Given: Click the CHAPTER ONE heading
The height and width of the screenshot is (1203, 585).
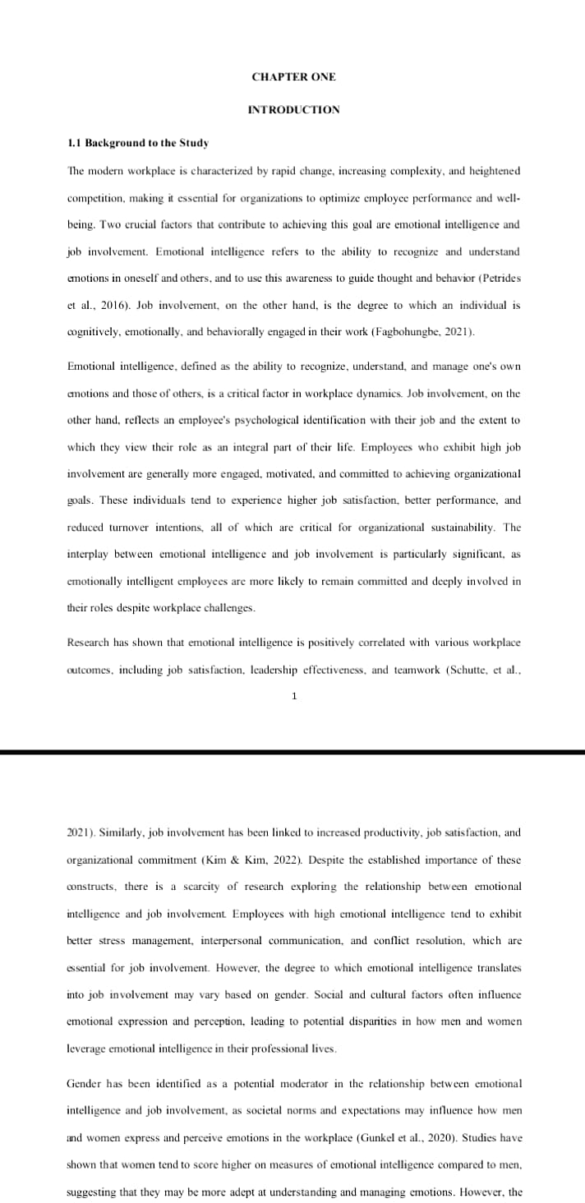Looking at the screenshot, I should tap(293, 77).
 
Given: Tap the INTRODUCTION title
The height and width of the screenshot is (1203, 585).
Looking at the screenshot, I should tap(293, 109).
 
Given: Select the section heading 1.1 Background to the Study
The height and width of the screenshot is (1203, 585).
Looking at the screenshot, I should tap(137, 143).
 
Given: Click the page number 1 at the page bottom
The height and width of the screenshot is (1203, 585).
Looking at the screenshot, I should tap(293, 697).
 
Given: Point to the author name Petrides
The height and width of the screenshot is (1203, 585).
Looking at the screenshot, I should tap(498, 278).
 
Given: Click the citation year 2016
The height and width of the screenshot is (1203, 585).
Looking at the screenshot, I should tap(113, 305).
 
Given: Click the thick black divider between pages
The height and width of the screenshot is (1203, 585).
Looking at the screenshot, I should tap(292, 752).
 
